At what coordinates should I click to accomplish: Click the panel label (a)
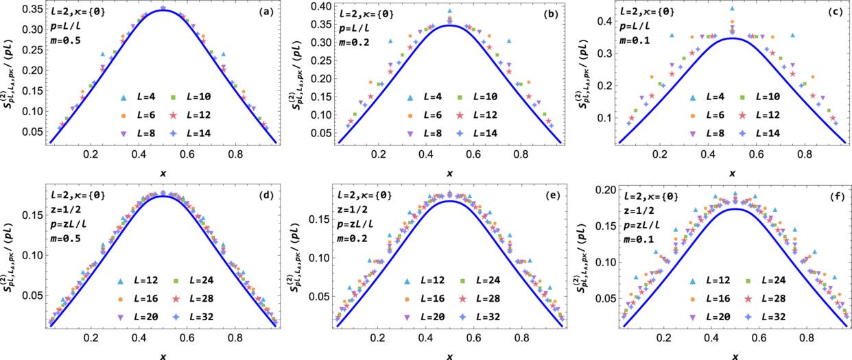[x=263, y=12]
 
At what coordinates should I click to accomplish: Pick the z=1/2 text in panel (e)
[x=350, y=211]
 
